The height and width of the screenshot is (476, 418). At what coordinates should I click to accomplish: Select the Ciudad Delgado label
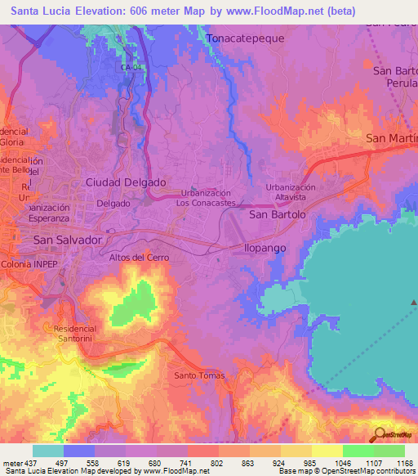point(126,182)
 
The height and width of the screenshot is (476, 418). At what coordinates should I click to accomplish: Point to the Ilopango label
point(266,246)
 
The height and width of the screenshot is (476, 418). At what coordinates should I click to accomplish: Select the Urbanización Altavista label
point(291,192)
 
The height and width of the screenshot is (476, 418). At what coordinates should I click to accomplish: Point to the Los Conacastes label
point(208,202)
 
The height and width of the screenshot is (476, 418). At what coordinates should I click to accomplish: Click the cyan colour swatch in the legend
point(48,451)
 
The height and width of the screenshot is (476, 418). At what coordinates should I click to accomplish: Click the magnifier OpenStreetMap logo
point(380,433)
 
